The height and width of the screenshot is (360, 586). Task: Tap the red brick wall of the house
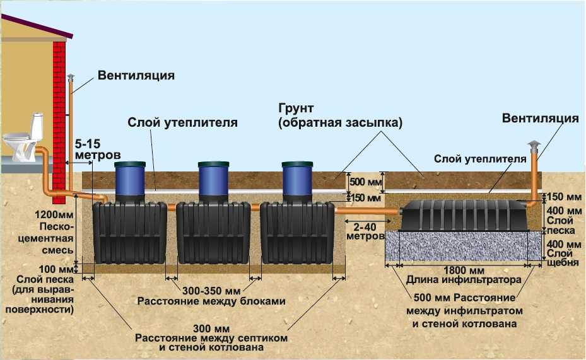click(x=59, y=122)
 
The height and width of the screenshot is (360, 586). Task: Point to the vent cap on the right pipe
click(x=534, y=145)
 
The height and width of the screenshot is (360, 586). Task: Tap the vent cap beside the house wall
click(x=70, y=76)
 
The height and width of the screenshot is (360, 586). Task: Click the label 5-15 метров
click(x=98, y=149)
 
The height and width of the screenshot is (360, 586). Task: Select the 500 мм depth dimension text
click(x=365, y=182)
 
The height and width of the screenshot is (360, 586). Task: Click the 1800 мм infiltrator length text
click(x=464, y=270)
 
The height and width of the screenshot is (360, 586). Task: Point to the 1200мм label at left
click(x=54, y=215)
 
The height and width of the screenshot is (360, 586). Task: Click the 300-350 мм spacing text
click(x=211, y=291)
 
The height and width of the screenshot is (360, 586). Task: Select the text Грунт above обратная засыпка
click(x=296, y=108)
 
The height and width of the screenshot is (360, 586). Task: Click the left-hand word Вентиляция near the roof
click(x=136, y=76)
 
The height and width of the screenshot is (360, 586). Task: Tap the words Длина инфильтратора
click(x=464, y=280)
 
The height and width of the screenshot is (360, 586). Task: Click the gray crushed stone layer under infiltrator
click(x=464, y=246)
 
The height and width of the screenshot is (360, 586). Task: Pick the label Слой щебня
click(x=563, y=258)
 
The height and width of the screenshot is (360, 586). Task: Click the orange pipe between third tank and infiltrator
click(x=367, y=211)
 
